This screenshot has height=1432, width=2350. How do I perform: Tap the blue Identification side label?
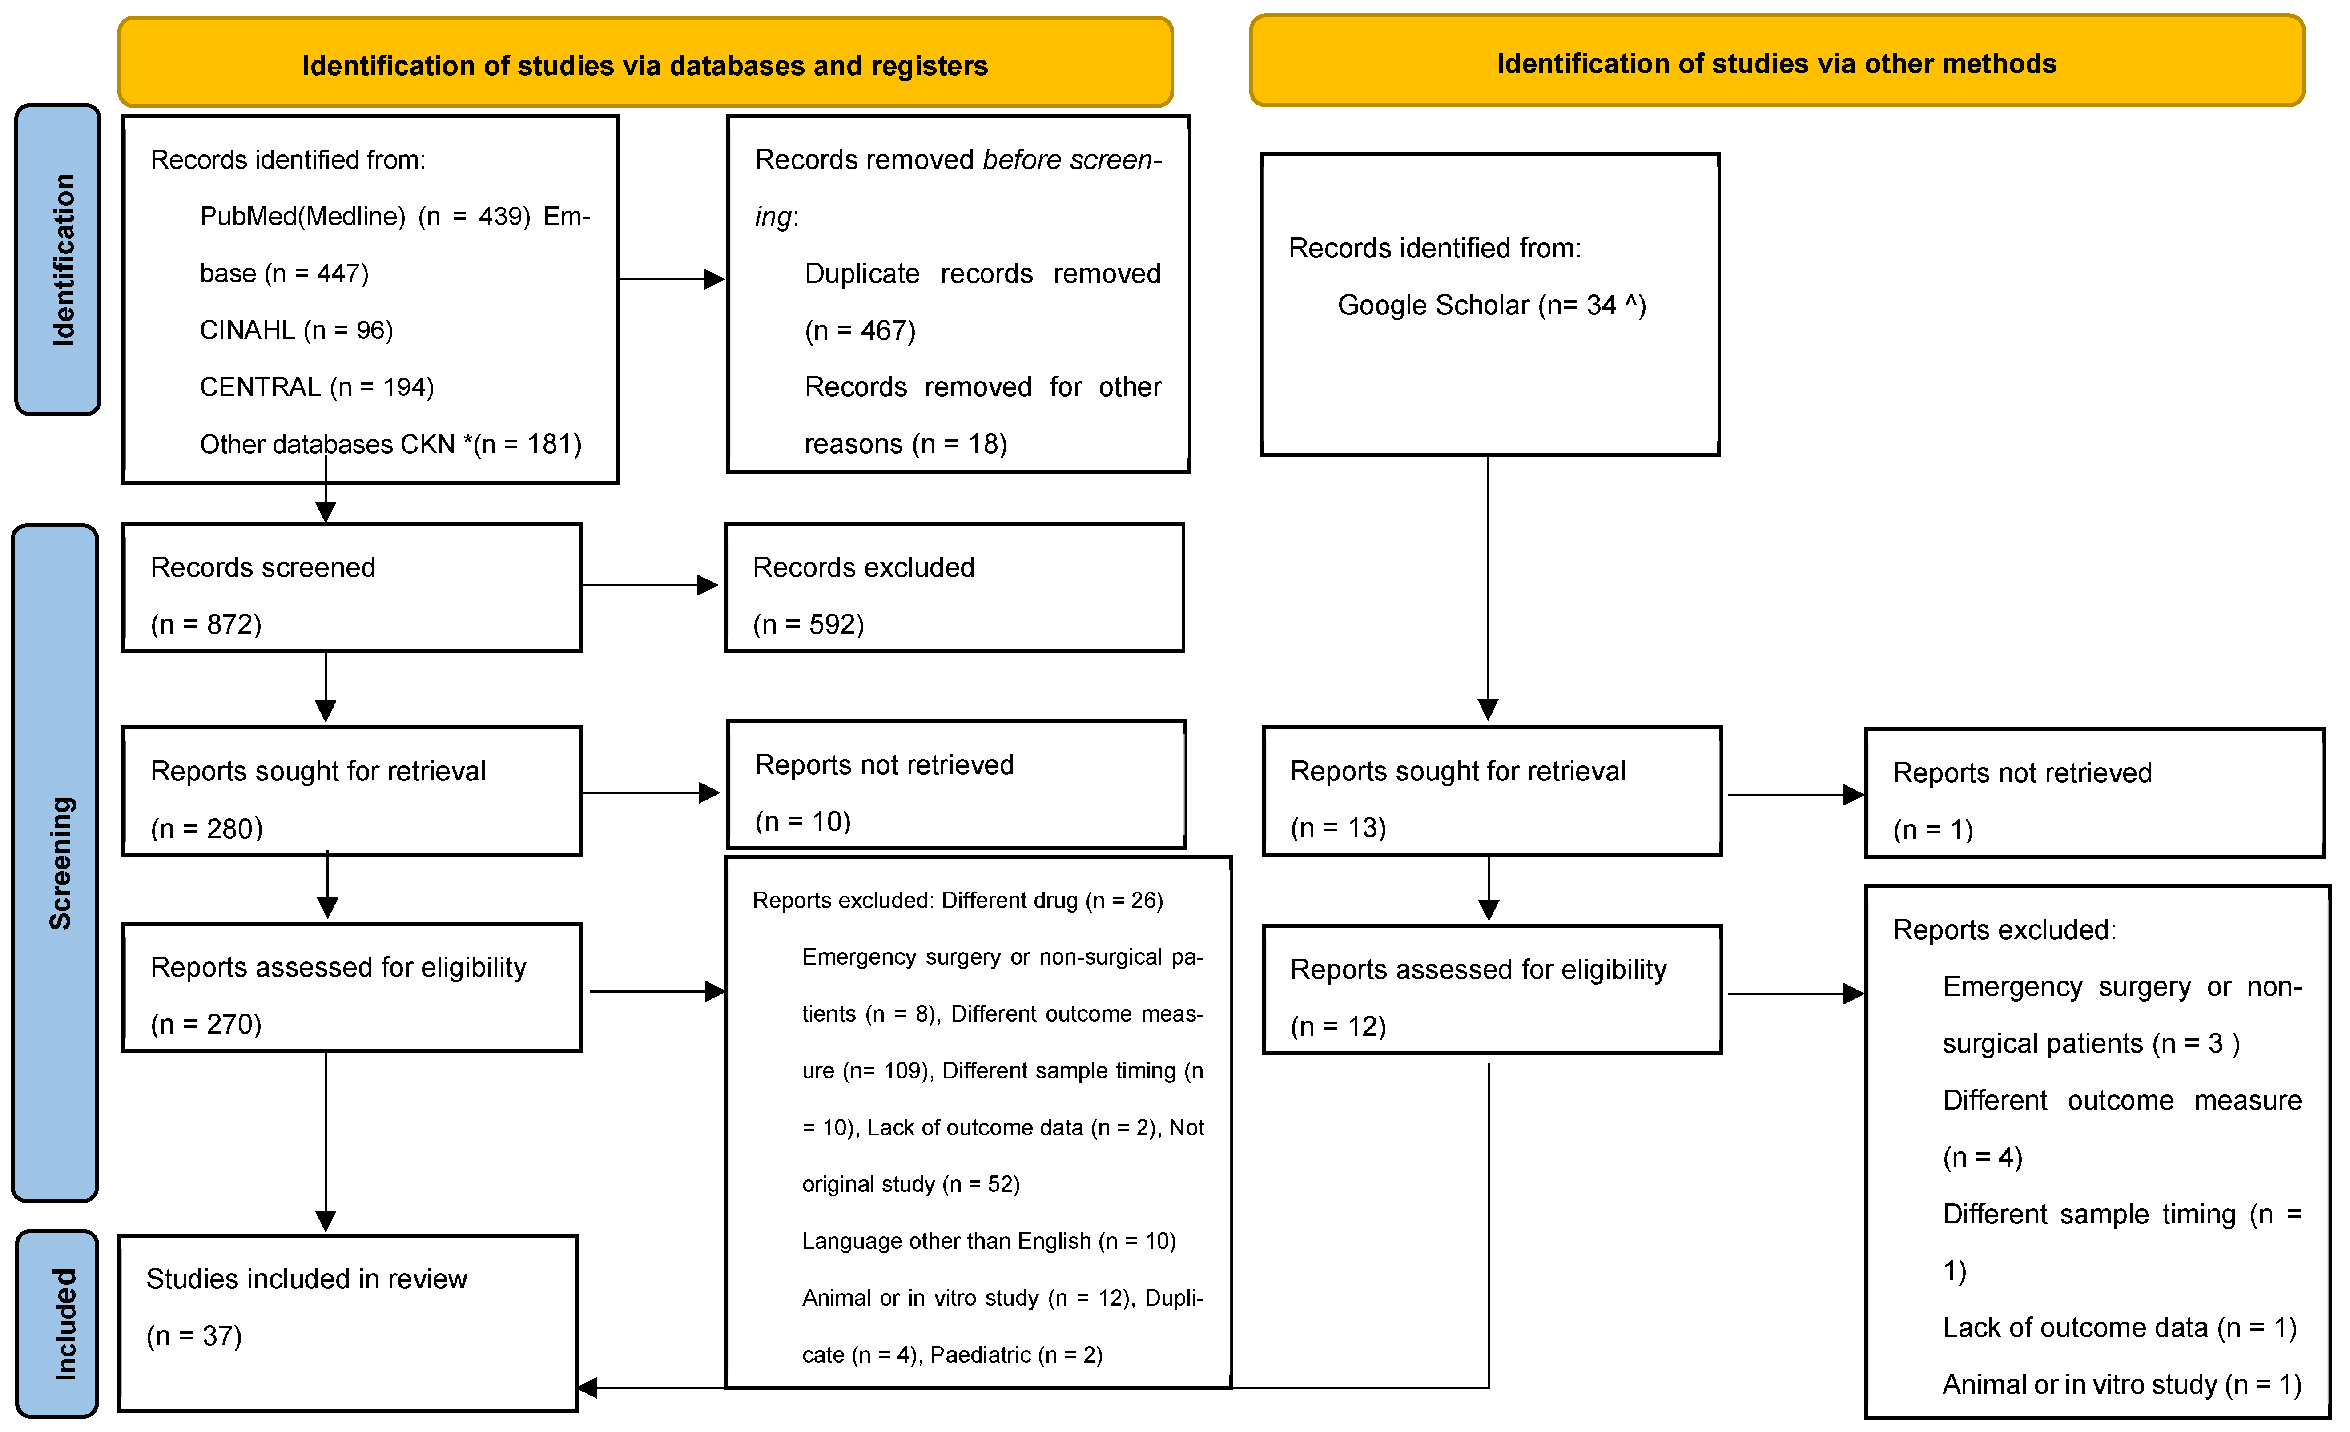(x=58, y=259)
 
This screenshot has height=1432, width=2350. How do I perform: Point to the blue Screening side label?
(x=55, y=863)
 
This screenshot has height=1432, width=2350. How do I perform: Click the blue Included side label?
(x=57, y=1323)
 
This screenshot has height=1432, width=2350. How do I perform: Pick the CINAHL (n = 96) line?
(x=297, y=330)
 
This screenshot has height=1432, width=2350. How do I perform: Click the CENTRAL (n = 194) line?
(x=317, y=387)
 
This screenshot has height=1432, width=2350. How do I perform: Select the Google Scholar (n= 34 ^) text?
(x=1492, y=305)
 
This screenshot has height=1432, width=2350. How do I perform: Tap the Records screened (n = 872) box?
(x=352, y=587)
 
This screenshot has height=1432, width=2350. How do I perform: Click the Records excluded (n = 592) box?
(x=955, y=587)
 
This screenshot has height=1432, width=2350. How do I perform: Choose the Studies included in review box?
(x=348, y=1323)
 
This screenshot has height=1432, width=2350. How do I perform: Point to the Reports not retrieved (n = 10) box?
(x=957, y=784)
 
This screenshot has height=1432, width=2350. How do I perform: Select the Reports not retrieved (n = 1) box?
(x=2094, y=793)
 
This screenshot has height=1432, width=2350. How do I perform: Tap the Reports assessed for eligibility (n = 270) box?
(x=352, y=988)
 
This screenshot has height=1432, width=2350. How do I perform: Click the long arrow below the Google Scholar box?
(x=1488, y=588)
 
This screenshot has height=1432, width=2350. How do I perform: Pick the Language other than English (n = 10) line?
(x=989, y=1241)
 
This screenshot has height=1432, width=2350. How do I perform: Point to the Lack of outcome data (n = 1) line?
(x=2119, y=1328)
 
